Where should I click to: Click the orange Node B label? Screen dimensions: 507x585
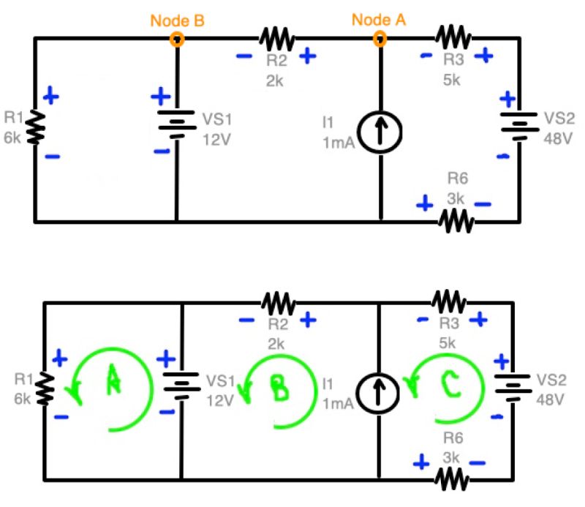(x=177, y=20)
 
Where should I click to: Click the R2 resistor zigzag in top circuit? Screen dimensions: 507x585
(x=276, y=37)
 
